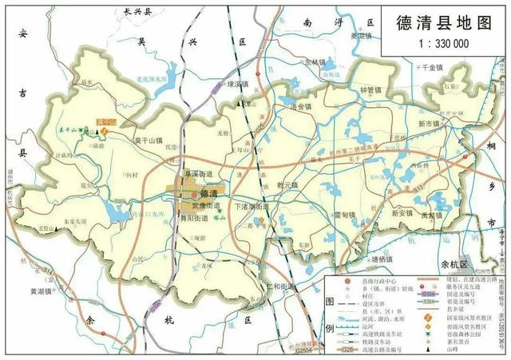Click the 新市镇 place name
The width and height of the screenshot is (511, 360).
(x=430, y=125)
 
